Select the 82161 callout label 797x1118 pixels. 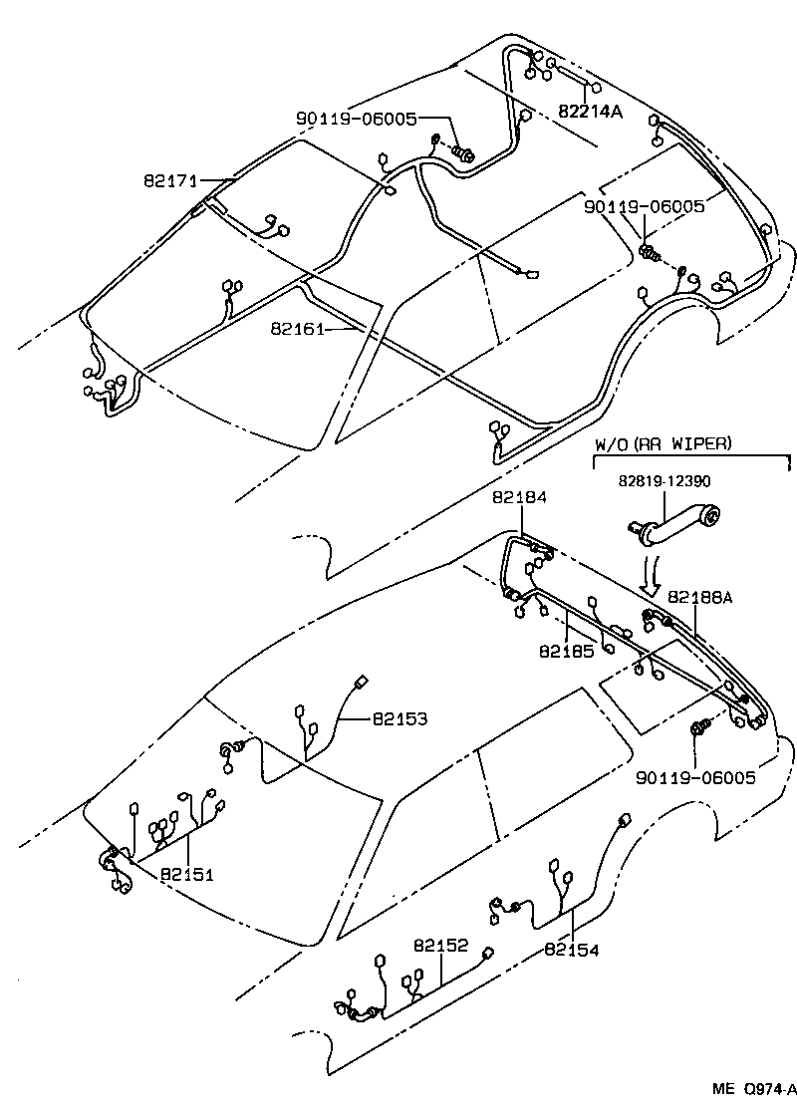[x=297, y=327]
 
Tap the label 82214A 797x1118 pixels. [x=590, y=112]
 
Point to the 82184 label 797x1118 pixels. [x=519, y=496]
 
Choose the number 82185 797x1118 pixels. [x=566, y=651]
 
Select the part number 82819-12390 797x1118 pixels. [x=664, y=480]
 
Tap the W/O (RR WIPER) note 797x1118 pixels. [x=663, y=443]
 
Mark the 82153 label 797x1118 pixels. [x=400, y=718]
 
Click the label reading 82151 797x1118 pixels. [x=187, y=874]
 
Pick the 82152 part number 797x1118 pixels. [x=441, y=945]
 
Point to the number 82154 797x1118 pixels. [x=572, y=950]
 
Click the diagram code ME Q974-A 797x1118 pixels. [x=753, y=1088]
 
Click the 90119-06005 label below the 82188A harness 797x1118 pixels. [x=694, y=776]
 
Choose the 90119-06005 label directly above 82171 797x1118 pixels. [x=356, y=119]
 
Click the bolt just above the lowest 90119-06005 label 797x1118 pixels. [x=700, y=728]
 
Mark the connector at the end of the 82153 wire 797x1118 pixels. [x=361, y=682]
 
